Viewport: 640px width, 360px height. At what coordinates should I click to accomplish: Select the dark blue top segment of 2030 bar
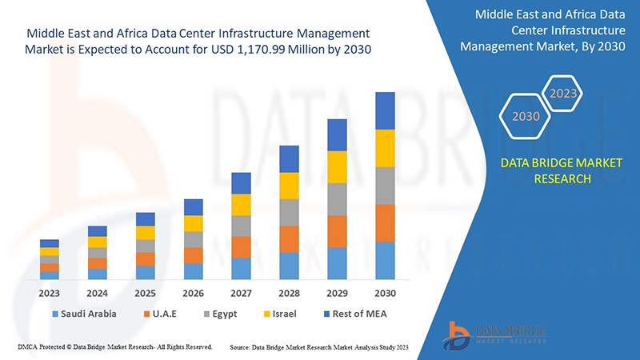tap(385, 110)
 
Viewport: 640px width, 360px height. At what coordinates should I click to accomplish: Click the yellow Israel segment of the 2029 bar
tap(337, 166)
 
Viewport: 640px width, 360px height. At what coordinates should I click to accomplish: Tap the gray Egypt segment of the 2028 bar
tap(289, 212)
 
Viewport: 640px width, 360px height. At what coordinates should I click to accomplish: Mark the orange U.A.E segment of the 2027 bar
tap(241, 246)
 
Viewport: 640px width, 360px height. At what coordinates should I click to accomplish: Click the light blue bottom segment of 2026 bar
tap(193, 271)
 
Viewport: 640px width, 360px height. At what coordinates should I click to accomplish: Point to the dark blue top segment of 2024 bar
tap(98, 231)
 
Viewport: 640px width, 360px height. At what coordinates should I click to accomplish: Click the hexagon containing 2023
tap(563, 94)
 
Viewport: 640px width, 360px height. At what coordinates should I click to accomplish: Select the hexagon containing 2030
tap(526, 116)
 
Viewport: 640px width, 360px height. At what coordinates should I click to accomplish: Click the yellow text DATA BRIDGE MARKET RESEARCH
tap(550, 170)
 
